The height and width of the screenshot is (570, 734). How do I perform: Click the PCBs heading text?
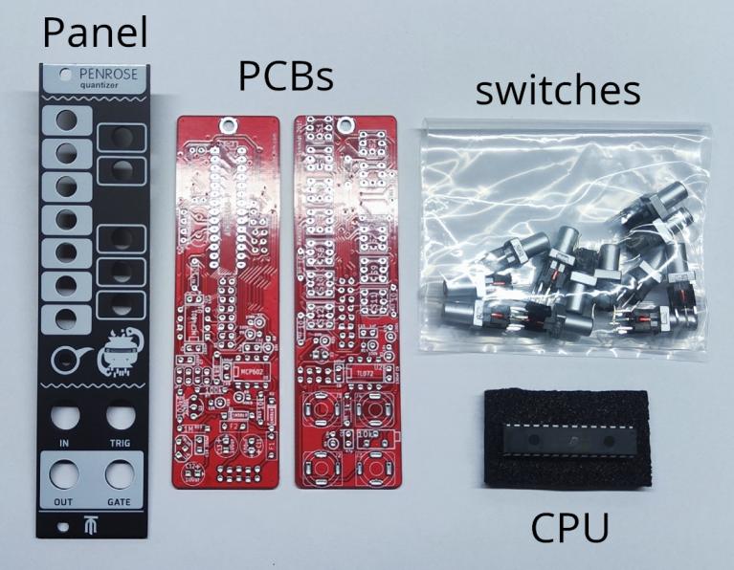point(285,77)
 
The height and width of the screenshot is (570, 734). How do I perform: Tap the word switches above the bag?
point(558,91)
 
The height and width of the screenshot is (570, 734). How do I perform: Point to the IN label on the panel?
point(65,444)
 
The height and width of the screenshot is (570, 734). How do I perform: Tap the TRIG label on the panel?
point(120,444)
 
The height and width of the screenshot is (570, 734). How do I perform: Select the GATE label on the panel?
point(120,503)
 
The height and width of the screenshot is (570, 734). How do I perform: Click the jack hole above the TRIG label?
point(120,417)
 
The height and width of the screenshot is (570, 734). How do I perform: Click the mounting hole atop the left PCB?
point(231,122)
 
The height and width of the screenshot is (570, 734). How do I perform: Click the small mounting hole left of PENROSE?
point(63,73)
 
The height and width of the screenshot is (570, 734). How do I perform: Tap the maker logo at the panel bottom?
point(93,525)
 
